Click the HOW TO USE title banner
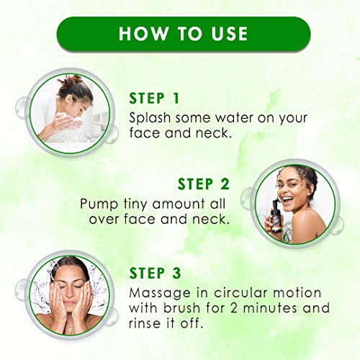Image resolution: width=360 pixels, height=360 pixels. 179,33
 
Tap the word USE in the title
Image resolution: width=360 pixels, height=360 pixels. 224,33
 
